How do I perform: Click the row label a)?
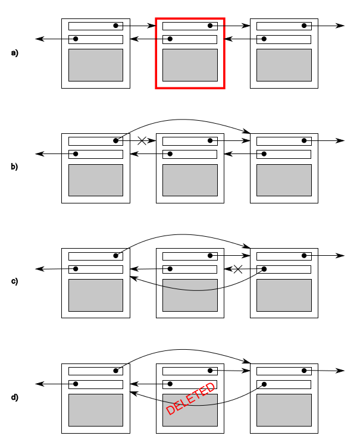(14, 53)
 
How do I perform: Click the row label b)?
(14, 167)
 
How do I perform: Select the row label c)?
(14, 281)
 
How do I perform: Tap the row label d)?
(14, 397)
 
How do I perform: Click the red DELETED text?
(190, 399)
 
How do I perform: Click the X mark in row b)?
(142, 140)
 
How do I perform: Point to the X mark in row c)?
(238, 269)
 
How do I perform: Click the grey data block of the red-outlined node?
(190, 65)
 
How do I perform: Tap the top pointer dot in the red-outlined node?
(210, 26)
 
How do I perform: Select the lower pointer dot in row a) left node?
(76, 39)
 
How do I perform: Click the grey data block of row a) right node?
(284, 65)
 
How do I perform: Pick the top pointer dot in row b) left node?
(115, 140)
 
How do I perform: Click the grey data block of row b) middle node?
(190, 180)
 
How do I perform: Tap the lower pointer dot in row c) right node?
(264, 269)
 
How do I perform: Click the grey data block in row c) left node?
(96, 296)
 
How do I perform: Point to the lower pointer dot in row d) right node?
(264, 384)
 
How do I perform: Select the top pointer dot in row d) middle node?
(210, 371)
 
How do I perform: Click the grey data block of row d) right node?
(284, 410)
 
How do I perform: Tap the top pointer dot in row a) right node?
(304, 26)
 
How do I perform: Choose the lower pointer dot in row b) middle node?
(170, 154)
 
